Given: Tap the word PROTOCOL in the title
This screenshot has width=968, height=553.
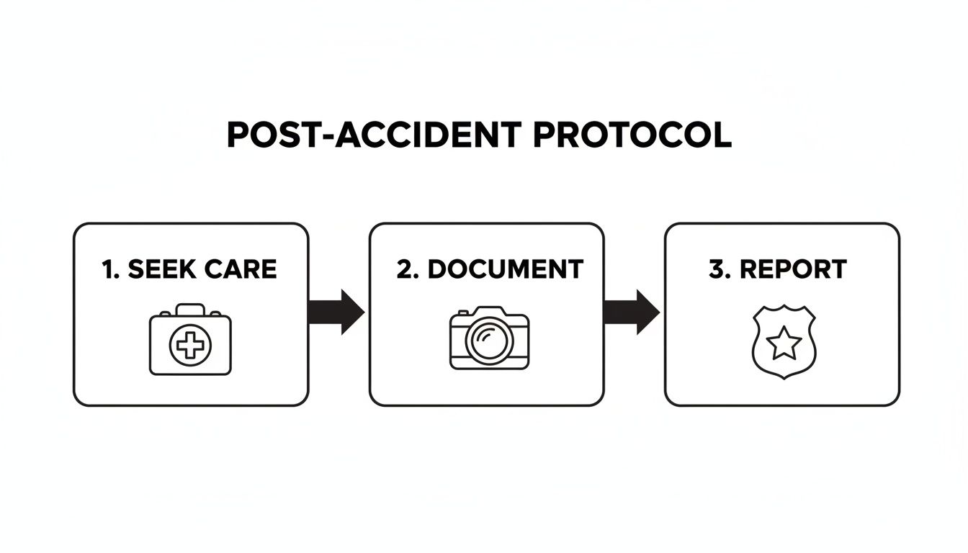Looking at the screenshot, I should pyautogui.click(x=632, y=135).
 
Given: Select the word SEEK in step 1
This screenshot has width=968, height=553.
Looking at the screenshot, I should pyautogui.click(x=161, y=269).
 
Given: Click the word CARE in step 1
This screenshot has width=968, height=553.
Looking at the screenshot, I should pyautogui.click(x=241, y=269).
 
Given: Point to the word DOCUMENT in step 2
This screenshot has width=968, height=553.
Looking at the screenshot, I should pyautogui.click(x=505, y=269).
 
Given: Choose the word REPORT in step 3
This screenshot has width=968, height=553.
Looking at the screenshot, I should pyautogui.click(x=793, y=269).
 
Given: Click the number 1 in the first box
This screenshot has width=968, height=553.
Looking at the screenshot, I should pyautogui.click(x=108, y=269).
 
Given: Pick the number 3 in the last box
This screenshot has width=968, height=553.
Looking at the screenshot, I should pyautogui.click(x=717, y=269).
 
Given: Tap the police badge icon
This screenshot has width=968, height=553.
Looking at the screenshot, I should pyautogui.click(x=784, y=343).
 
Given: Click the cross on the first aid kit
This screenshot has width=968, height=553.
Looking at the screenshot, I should pyautogui.click(x=190, y=346).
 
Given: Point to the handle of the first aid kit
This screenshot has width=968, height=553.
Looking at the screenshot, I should pyautogui.click(x=190, y=309).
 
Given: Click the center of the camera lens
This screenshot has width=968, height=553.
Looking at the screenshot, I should pyautogui.click(x=489, y=341).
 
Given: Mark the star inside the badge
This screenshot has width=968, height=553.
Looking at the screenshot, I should pyautogui.click(x=784, y=344).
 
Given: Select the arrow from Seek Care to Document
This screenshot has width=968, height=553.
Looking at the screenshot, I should pyautogui.click(x=336, y=313).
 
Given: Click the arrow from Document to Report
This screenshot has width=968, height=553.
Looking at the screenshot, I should pyautogui.click(x=631, y=313).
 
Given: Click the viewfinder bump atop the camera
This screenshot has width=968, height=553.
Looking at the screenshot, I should pyautogui.click(x=489, y=311).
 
